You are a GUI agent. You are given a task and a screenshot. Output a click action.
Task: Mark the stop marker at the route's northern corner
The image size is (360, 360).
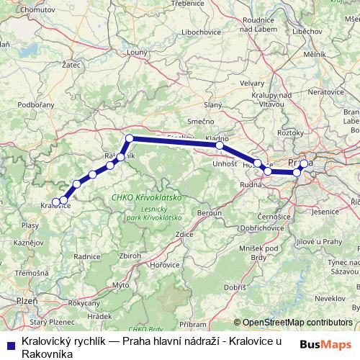pos(130,138)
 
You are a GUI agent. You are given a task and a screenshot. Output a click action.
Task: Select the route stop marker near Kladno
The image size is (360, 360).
pos(220,145)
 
